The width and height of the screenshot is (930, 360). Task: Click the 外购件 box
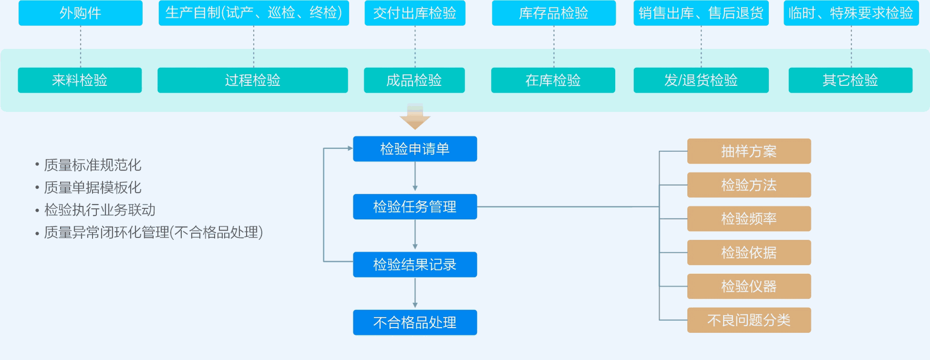tap(80, 13)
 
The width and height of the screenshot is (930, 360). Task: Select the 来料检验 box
tap(80, 80)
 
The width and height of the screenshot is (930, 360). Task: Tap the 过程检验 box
tap(253, 80)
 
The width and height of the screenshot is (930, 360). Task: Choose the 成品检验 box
tap(414, 80)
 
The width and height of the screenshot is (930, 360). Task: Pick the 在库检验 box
tap(553, 80)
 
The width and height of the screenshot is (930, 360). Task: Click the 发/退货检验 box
tap(701, 80)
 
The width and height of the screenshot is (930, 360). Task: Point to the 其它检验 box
tap(851, 80)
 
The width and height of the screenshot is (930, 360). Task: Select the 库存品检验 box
tap(554, 13)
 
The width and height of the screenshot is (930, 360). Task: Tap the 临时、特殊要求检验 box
tap(851, 13)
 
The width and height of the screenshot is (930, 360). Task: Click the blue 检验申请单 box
tap(415, 149)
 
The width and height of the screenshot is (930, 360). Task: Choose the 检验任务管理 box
tap(415, 207)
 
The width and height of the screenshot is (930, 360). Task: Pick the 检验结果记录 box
tap(415, 265)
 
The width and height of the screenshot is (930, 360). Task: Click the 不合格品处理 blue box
tap(415, 322)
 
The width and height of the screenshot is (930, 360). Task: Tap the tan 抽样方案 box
tap(749, 151)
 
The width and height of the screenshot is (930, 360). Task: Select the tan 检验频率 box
tap(749, 219)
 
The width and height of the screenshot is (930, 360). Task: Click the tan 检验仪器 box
tap(749, 286)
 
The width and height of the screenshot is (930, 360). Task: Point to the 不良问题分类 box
tap(749, 320)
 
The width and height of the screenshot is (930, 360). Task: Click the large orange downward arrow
tap(415, 117)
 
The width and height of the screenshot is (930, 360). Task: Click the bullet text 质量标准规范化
tap(93, 165)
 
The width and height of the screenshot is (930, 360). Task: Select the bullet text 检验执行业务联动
tap(100, 210)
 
